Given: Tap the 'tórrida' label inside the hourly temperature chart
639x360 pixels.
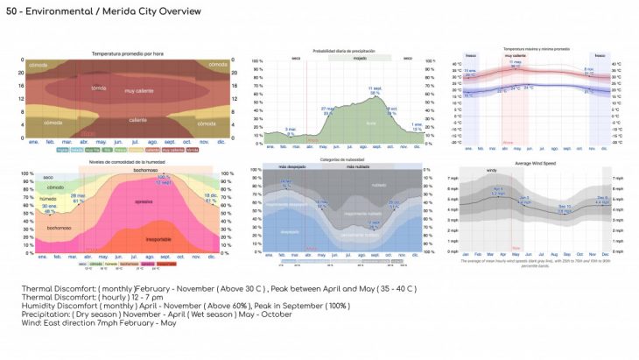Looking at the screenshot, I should (99, 88).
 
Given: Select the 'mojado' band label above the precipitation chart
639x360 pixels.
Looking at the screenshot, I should (359, 57).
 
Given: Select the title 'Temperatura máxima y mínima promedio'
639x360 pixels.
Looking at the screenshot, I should (537, 49).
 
